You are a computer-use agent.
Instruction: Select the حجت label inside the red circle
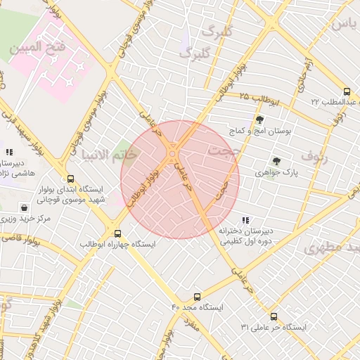pyautogui.click(x=224, y=150)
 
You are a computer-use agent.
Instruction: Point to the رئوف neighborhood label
pyautogui.click(x=314, y=155)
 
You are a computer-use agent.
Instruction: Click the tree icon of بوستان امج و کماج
pyautogui.click(x=260, y=120)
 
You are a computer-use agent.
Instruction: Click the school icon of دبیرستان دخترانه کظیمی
pyautogui.click(x=245, y=220)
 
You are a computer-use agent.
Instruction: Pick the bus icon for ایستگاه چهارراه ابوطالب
pyautogui.click(x=117, y=233)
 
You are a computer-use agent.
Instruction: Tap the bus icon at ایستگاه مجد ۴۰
pyautogui.click(x=197, y=297)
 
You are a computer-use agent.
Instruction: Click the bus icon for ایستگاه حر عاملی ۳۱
pyautogui.click(x=274, y=316)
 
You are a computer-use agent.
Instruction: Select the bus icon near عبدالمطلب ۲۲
pyautogui.click(x=347, y=91)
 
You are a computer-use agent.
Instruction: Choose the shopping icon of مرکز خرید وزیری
pyautogui.click(x=25, y=208)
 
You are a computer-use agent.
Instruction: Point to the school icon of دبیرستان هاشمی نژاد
pyautogui.click(x=8, y=151)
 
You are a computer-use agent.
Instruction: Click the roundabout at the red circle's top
pyautogui.click(x=172, y=154)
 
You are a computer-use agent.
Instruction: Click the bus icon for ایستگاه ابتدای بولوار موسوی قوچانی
pyautogui.click(x=70, y=179)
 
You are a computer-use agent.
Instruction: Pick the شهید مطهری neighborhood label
pyautogui.click(x=333, y=248)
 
